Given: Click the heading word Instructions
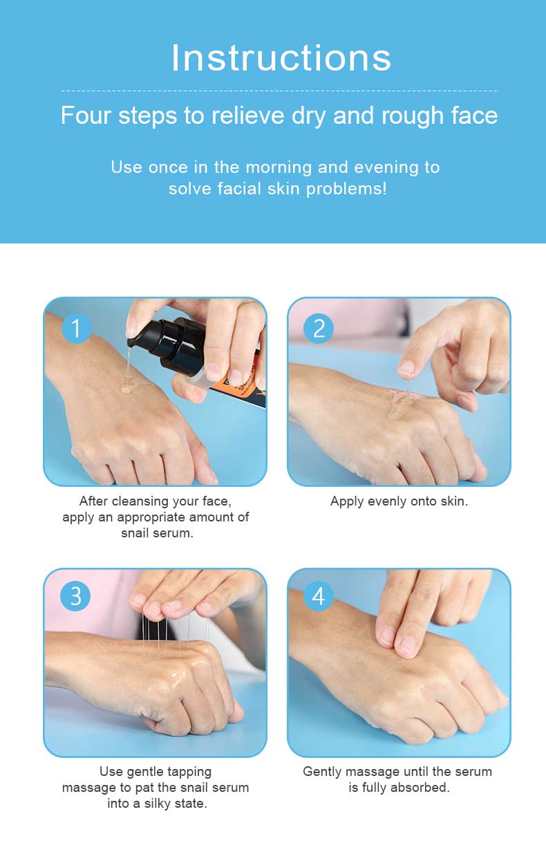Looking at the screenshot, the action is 281,57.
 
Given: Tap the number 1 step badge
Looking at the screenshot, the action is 76,328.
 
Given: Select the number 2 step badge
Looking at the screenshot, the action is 319,328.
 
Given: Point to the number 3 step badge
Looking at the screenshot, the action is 76,596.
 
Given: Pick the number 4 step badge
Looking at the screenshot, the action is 319,596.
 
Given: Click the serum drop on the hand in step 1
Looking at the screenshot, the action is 127,387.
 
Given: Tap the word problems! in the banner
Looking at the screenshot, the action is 346,189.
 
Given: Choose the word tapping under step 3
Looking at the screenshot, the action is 189,771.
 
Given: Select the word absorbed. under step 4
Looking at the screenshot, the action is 420,788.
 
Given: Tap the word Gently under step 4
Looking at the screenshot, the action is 322,772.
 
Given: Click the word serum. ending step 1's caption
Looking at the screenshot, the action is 173,533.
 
